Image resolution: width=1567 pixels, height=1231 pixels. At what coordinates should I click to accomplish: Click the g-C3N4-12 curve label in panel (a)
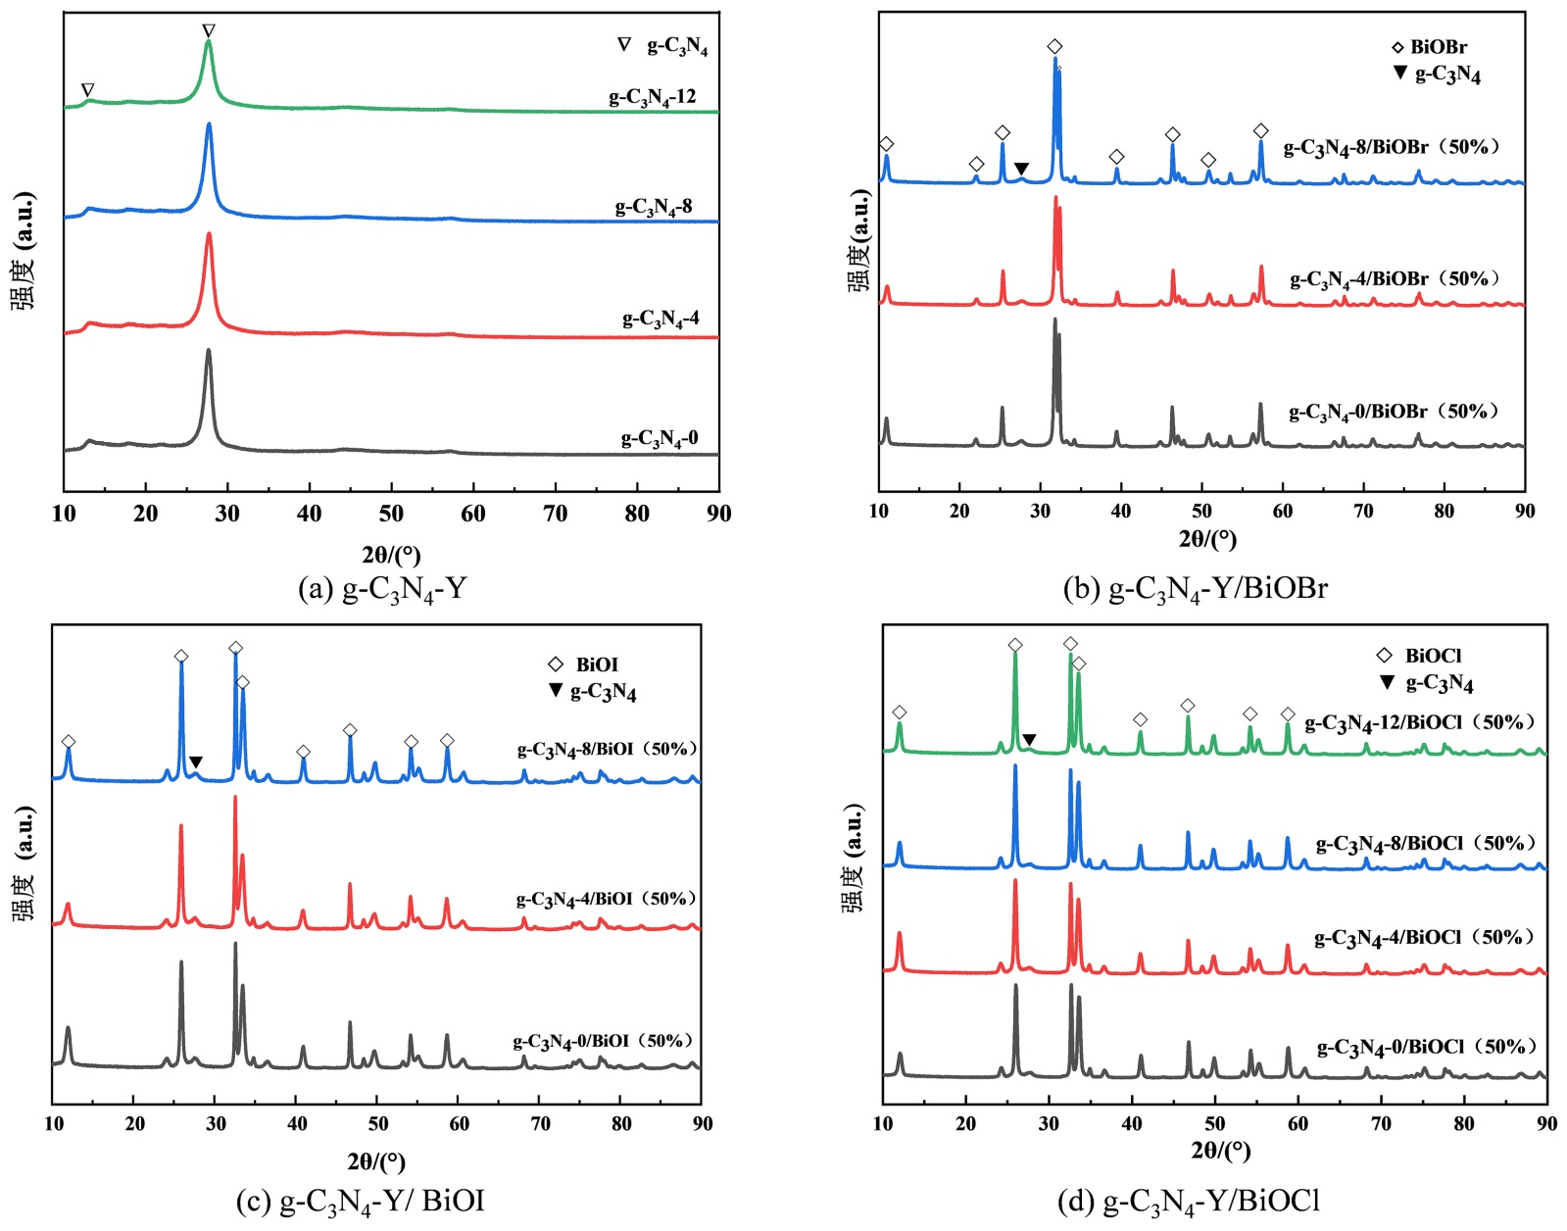(x=653, y=97)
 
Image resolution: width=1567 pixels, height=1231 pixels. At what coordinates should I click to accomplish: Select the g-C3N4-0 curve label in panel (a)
(x=660, y=438)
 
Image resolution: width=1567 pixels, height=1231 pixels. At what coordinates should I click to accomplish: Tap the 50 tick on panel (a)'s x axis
(x=391, y=514)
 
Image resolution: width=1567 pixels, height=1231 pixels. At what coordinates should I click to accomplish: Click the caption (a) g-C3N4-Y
(x=382, y=589)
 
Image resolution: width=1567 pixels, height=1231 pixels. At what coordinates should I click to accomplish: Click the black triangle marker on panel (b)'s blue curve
(x=1021, y=169)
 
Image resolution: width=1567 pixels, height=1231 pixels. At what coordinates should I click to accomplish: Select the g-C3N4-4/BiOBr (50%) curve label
(x=1395, y=279)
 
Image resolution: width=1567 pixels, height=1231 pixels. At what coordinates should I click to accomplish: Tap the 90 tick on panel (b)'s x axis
(x=1524, y=511)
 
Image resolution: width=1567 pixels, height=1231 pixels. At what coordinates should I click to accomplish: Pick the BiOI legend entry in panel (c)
(x=585, y=665)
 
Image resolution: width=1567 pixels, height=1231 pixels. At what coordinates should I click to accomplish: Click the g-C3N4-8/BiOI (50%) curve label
(x=608, y=750)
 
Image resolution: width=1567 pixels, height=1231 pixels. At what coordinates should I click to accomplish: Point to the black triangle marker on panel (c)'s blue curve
(x=196, y=763)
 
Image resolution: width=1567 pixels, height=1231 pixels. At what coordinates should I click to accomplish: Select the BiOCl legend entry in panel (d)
(x=1421, y=656)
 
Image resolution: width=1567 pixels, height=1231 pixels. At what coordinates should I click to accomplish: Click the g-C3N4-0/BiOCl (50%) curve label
(x=1427, y=1048)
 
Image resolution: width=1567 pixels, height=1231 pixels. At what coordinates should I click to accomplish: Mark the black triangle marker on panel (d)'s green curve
(x=1029, y=740)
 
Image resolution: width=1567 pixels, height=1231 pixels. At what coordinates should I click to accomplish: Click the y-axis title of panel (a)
(x=22, y=251)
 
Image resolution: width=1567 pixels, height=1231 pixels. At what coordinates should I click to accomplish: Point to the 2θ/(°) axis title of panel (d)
(x=1220, y=1150)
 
